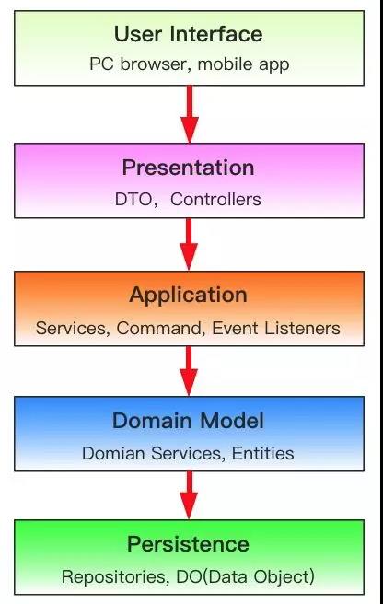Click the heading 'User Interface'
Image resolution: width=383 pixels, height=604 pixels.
189,34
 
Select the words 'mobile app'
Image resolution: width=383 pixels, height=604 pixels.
243,64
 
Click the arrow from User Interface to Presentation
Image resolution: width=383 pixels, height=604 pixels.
189,114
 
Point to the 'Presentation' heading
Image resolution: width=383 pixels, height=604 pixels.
189,168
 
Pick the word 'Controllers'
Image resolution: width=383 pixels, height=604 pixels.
215,199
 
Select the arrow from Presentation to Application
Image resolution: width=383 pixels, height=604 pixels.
189,244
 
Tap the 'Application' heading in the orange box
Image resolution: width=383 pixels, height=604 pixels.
189,296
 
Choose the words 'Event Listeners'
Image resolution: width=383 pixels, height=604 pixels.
276,328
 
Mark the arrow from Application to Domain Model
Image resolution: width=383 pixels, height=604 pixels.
189,371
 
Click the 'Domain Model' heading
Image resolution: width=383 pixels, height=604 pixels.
188,420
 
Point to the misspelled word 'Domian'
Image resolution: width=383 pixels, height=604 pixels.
113,453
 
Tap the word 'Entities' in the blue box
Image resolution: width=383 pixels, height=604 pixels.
262,453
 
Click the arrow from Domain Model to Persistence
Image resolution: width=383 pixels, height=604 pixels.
189,495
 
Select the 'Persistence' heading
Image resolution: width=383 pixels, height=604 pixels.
189,544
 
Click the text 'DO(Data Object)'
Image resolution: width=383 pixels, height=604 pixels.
246,577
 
